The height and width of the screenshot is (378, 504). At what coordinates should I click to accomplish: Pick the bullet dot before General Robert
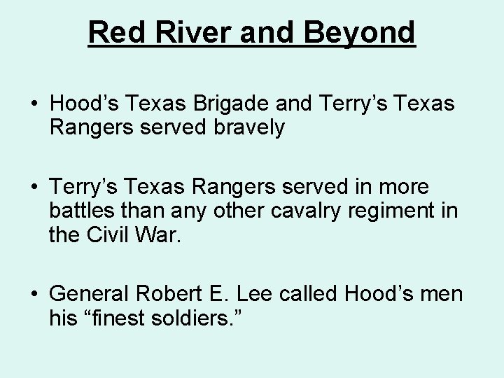pos(34,294)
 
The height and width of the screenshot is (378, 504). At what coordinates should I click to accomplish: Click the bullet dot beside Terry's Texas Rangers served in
pos(34,187)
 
